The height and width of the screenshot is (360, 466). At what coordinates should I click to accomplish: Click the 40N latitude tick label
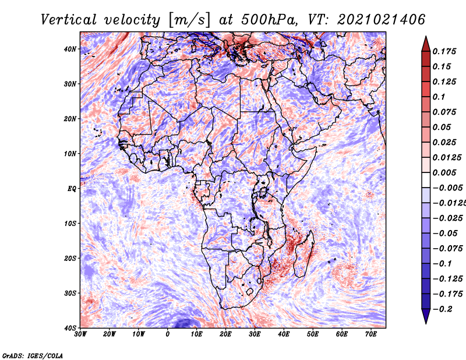(70, 49)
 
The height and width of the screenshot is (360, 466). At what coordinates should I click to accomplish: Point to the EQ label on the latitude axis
(72, 189)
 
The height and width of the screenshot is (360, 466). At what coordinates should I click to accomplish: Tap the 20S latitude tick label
(70, 258)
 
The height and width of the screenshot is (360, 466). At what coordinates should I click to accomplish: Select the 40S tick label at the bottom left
(70, 328)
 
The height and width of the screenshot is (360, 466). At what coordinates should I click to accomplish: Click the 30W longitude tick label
(80, 334)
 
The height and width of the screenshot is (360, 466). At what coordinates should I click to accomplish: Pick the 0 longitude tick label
(168, 334)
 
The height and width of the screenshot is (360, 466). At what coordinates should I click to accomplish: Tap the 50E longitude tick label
(313, 334)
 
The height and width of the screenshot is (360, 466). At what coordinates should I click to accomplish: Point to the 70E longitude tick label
(371, 334)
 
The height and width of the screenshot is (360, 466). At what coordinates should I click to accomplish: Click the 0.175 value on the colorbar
(444, 52)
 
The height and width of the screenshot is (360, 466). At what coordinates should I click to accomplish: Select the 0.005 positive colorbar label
(444, 172)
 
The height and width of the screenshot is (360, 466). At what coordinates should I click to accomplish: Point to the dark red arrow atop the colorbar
(426, 44)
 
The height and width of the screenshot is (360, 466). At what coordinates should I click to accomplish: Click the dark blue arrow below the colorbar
(426, 316)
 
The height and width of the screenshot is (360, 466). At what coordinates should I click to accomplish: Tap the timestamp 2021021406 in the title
(382, 20)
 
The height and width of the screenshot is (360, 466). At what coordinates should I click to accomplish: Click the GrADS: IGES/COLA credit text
(33, 356)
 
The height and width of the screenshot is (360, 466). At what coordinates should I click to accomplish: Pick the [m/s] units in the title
(189, 20)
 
